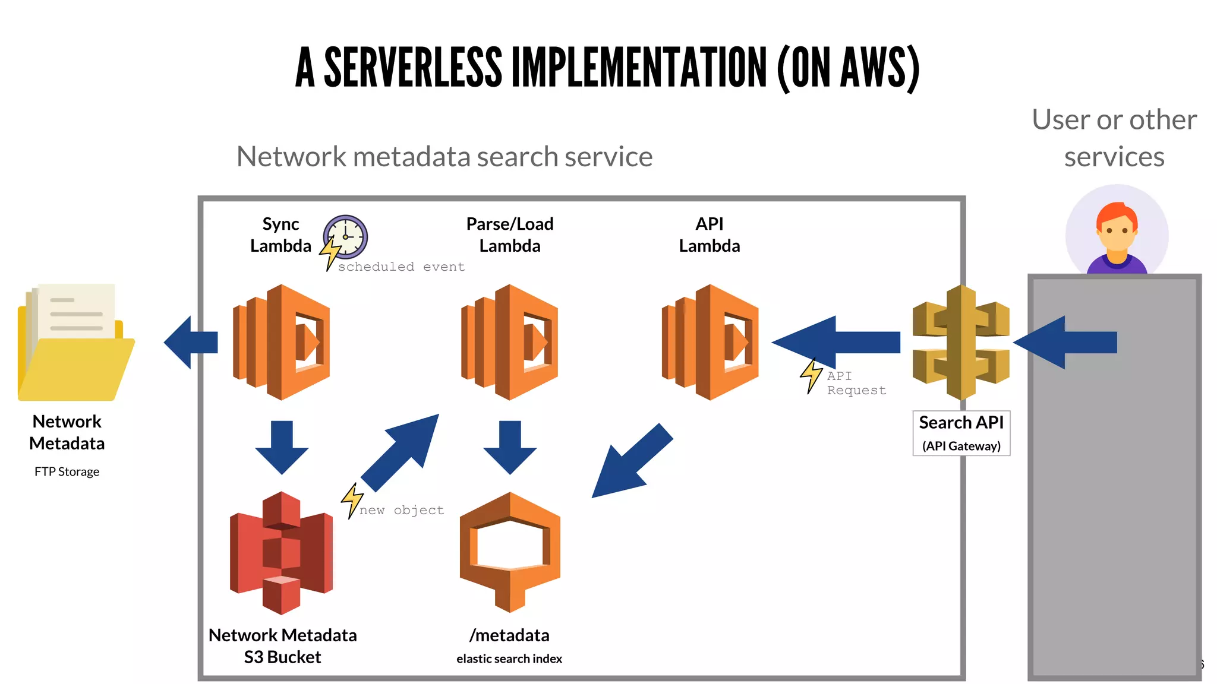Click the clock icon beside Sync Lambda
click(x=346, y=236)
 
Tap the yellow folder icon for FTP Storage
click(x=75, y=350)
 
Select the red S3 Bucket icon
click(x=281, y=552)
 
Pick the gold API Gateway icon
click(x=961, y=343)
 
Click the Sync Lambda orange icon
click(x=282, y=342)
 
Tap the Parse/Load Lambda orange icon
click(x=510, y=342)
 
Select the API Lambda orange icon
click(x=710, y=342)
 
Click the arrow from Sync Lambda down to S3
click(x=282, y=446)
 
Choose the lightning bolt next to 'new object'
click(x=352, y=500)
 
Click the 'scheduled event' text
click(x=401, y=267)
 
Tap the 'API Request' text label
click(x=856, y=383)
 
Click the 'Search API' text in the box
click(x=961, y=422)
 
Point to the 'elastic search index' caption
click(x=509, y=658)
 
